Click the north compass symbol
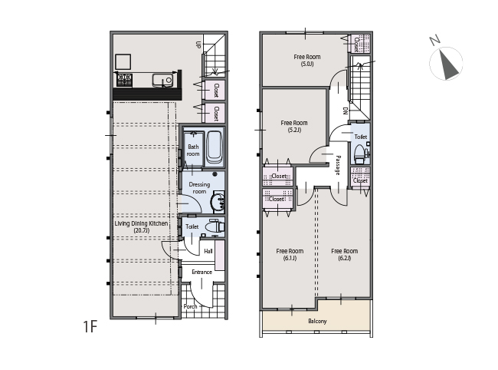tap(446, 63)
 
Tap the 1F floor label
tap(90, 326)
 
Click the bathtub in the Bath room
tap(215, 147)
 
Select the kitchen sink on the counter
tap(162, 80)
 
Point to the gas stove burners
tap(124, 80)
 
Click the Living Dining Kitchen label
tap(141, 226)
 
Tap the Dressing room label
tap(199, 188)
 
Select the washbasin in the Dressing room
tap(218, 202)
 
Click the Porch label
tap(190, 306)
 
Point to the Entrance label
tap(201, 272)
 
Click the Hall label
tap(208, 251)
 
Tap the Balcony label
tap(317, 322)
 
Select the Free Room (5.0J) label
tap(307, 60)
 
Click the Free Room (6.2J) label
tap(345, 255)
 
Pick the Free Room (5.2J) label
tap(294, 126)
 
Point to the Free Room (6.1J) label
tap(290, 255)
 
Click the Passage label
tap(338, 165)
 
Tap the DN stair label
tap(346, 111)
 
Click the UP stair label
tap(198, 45)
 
